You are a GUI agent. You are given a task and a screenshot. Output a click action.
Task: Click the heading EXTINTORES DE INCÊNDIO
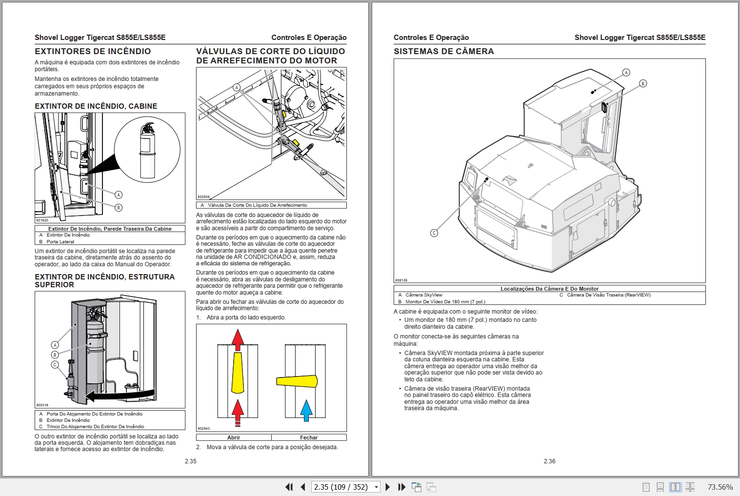click(93, 51)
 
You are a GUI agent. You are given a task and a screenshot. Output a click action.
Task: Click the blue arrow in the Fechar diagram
click(306, 410)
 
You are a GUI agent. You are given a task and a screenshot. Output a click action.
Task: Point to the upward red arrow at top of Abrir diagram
click(238, 339)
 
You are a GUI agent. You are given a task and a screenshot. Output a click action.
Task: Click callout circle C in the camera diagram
click(434, 233)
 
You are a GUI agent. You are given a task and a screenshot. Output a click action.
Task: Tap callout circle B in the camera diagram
click(643, 83)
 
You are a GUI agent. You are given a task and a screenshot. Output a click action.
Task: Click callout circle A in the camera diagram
click(626, 72)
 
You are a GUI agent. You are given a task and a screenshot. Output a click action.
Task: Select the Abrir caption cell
click(234, 437)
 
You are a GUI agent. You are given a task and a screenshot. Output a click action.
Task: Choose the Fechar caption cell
click(309, 437)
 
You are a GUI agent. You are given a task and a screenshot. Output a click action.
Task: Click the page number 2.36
click(549, 461)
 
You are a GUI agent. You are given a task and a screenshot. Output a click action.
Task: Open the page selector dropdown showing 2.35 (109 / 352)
click(376, 487)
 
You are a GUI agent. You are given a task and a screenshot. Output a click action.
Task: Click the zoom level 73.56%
click(720, 487)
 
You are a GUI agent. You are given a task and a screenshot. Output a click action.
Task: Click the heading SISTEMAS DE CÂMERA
click(443, 51)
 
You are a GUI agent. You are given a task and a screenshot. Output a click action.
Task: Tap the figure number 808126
click(401, 280)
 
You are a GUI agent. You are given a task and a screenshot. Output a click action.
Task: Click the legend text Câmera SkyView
click(423, 295)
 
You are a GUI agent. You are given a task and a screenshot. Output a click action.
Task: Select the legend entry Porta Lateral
click(60, 241)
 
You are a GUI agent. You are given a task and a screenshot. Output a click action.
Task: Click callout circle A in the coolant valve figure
click(237, 88)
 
